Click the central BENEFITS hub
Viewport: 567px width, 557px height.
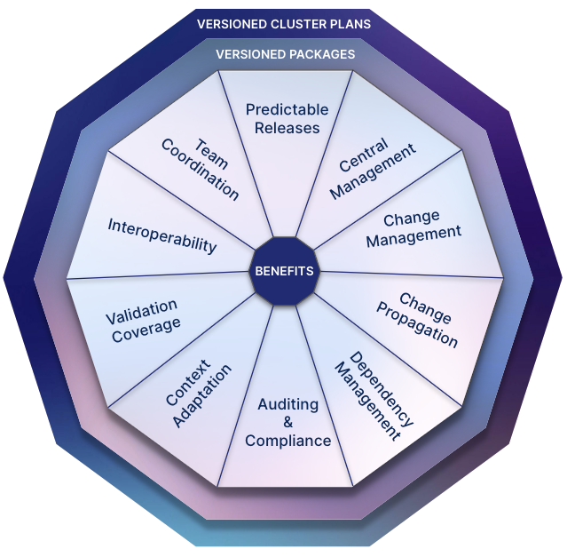click(284, 271)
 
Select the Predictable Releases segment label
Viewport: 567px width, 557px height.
click(287, 118)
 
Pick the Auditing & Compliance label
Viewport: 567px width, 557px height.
click(287, 423)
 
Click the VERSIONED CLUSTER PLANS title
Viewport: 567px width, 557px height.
click(283, 24)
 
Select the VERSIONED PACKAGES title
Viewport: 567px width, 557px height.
click(286, 54)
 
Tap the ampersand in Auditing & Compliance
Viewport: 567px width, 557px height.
click(287, 423)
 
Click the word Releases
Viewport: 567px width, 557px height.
click(287, 127)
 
